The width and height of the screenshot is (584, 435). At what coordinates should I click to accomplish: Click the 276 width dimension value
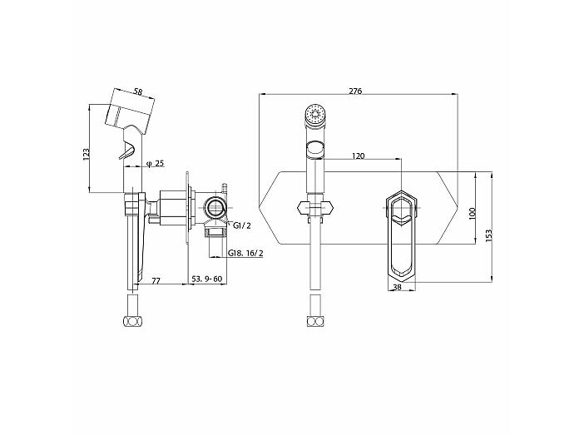click(x=356, y=91)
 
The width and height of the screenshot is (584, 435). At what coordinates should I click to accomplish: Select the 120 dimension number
click(x=359, y=156)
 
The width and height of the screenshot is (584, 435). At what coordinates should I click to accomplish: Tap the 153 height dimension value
click(x=489, y=235)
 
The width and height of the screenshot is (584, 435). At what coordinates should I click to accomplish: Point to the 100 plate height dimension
click(x=473, y=213)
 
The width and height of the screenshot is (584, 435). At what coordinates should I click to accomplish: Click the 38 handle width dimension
click(x=398, y=287)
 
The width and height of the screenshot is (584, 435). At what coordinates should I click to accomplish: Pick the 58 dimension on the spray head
click(x=138, y=91)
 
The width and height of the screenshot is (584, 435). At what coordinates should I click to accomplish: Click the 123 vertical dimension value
click(x=86, y=154)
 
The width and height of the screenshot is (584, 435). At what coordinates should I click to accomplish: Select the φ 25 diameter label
click(x=156, y=163)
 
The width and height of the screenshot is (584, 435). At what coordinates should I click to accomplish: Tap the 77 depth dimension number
click(x=156, y=280)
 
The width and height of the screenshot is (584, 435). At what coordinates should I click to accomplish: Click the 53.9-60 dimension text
click(x=206, y=279)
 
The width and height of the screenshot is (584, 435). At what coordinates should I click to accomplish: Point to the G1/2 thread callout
click(x=242, y=225)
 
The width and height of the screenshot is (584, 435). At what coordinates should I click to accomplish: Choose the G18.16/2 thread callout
click(x=245, y=253)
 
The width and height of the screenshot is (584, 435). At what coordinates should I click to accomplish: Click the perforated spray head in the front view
click(x=315, y=114)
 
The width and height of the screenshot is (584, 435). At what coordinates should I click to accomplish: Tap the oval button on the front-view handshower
click(x=315, y=149)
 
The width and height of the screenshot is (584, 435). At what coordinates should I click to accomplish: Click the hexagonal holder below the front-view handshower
click(x=315, y=208)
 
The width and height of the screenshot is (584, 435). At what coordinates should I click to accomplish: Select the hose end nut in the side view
click(x=133, y=321)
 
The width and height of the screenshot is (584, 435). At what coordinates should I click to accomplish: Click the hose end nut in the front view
click(x=315, y=321)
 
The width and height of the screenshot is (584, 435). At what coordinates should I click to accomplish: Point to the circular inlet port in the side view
click(x=215, y=207)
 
